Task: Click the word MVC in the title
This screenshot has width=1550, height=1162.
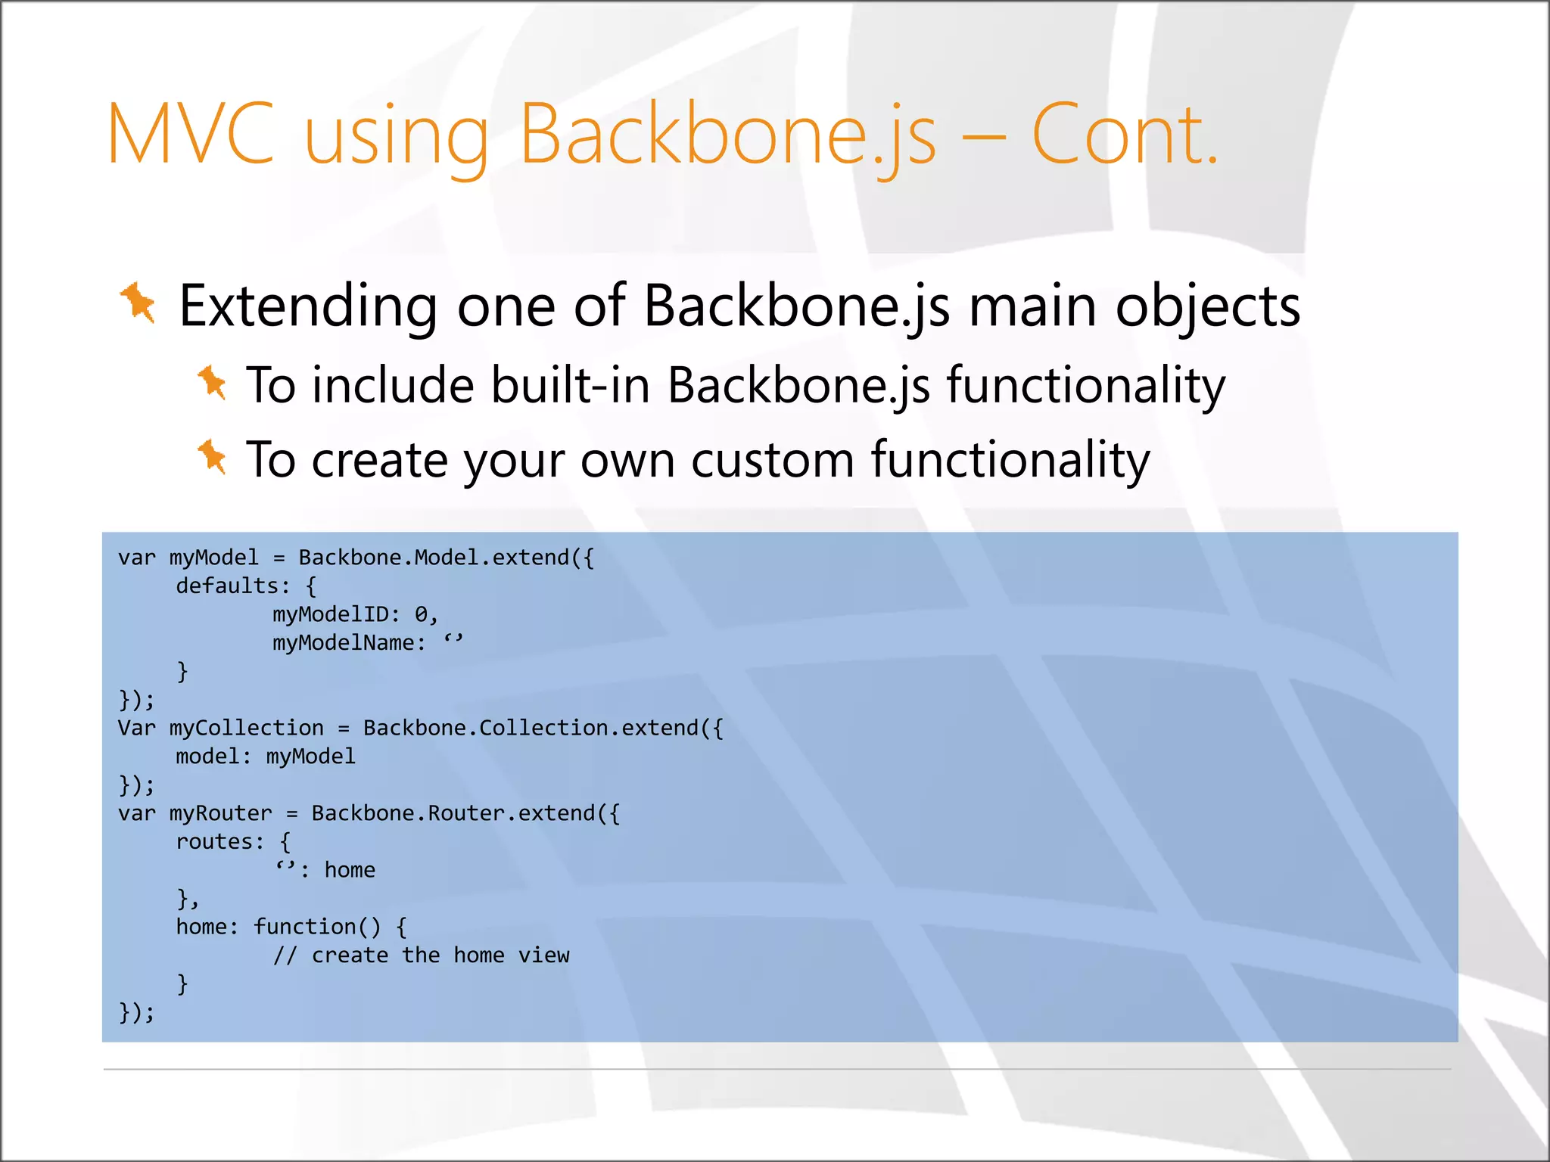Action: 191,134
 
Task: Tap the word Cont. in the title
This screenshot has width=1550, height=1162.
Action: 1125,134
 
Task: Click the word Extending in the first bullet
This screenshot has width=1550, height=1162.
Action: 307,306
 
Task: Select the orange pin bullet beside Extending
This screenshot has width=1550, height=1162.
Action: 138,303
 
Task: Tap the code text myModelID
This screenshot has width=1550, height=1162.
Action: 330,614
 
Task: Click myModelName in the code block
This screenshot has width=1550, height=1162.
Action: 344,643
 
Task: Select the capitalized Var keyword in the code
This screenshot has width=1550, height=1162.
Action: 136,728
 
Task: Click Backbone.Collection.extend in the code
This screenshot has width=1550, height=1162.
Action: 543,728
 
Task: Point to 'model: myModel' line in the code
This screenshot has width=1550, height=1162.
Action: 265,757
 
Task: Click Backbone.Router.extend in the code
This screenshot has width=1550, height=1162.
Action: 465,813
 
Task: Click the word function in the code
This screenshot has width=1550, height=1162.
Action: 305,927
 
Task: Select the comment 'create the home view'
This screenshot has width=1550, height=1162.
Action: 440,955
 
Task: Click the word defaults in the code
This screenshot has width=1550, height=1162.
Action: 227,586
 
